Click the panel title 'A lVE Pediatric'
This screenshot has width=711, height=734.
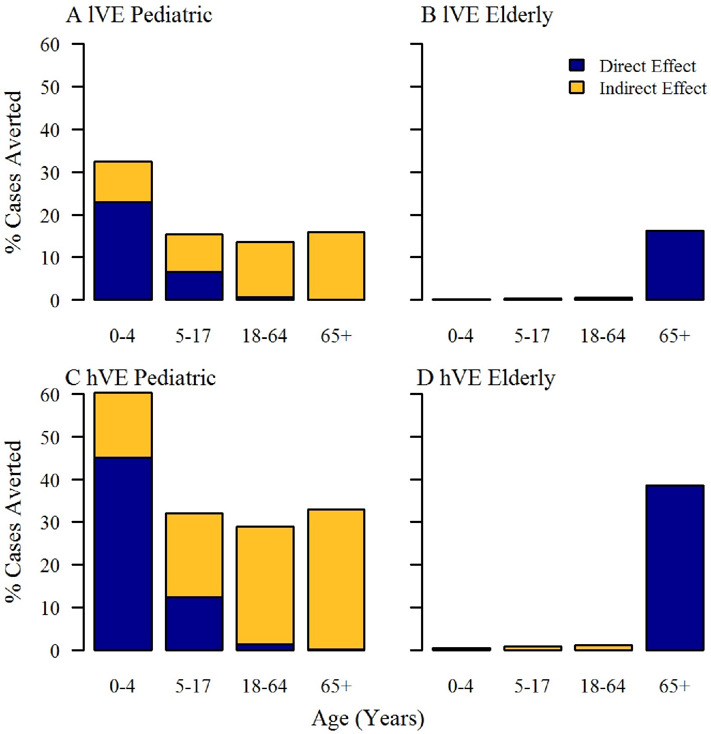click(x=139, y=15)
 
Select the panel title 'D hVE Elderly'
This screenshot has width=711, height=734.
click(x=486, y=378)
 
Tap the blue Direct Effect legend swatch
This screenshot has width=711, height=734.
click(x=577, y=65)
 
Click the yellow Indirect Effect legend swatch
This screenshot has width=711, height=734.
click(x=577, y=88)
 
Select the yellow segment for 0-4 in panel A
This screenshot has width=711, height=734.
click(x=123, y=182)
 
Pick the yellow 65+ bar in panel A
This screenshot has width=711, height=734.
click(x=336, y=266)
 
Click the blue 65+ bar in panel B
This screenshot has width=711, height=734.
click(x=675, y=265)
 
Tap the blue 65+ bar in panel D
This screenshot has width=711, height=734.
click(x=675, y=568)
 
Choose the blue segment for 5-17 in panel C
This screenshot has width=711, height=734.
click(x=194, y=623)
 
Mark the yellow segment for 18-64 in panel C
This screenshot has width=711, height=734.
click(x=265, y=585)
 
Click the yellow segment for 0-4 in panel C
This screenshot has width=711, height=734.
click(x=123, y=425)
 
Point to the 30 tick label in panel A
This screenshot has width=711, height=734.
click(x=50, y=172)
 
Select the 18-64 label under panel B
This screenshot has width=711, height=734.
click(x=603, y=336)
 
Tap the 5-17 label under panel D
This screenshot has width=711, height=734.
click(x=532, y=686)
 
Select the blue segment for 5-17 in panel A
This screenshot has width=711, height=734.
click(x=194, y=285)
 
